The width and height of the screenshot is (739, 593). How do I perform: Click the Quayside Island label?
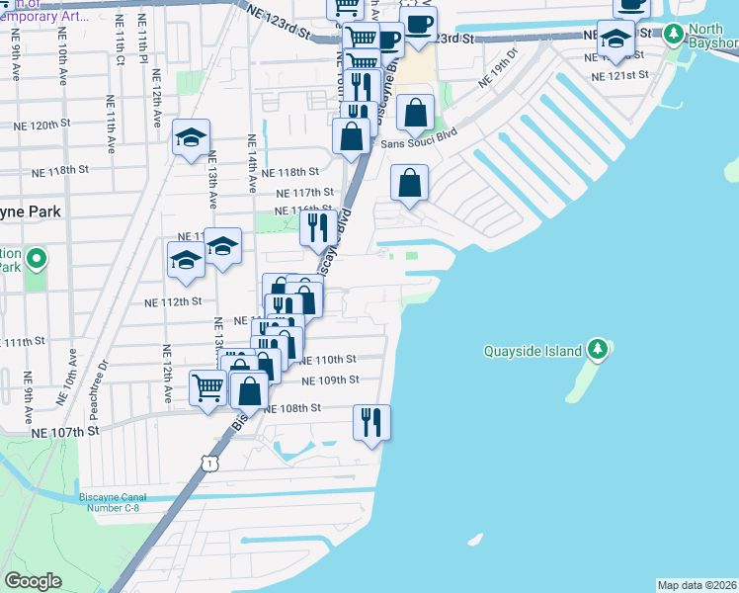tap(534, 351)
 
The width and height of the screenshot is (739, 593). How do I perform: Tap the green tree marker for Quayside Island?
tap(597, 349)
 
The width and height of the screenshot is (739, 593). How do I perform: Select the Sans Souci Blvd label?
tap(419, 144)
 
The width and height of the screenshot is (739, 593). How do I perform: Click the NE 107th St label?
tap(65, 432)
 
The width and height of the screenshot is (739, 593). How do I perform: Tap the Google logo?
tap(33, 581)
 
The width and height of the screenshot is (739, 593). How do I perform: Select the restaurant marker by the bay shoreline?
tap(371, 422)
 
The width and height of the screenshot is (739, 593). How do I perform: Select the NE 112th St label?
tap(173, 301)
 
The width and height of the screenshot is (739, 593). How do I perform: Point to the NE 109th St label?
tap(329, 380)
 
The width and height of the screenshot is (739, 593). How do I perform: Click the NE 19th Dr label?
tap(498, 67)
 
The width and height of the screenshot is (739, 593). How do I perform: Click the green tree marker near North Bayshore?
tap(674, 35)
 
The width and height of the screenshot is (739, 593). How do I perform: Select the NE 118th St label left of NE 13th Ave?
tap(61, 171)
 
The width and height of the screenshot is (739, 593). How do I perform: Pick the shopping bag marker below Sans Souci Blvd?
tap(409, 183)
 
